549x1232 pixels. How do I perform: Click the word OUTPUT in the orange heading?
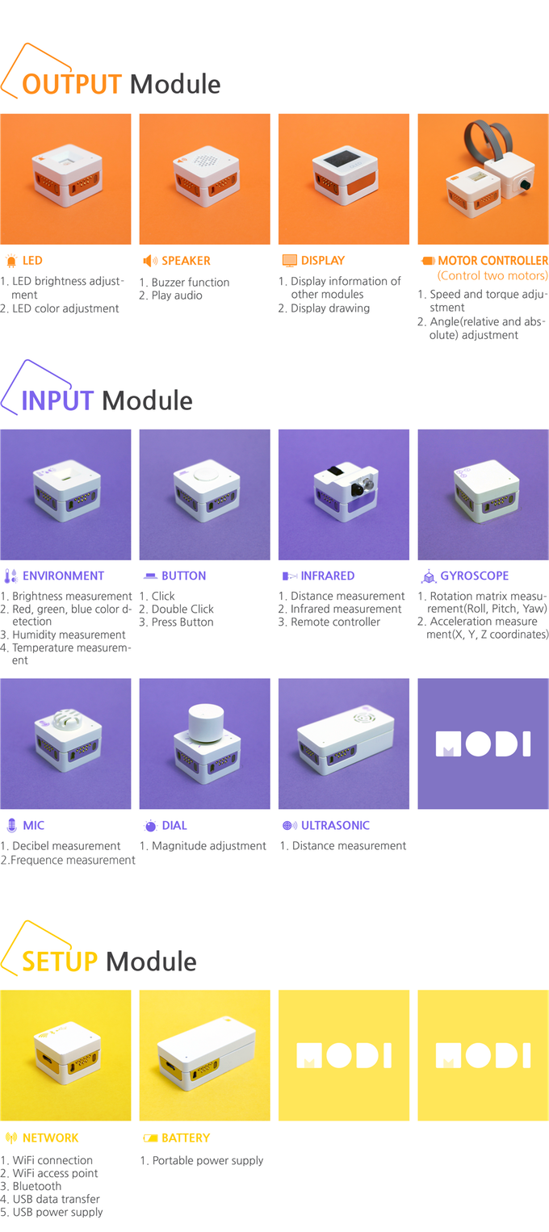point(72,85)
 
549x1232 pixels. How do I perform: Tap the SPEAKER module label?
point(186,261)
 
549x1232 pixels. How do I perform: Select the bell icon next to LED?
point(11,261)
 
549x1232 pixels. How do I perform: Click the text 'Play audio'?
point(177,295)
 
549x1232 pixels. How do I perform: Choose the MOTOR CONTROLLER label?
point(493,261)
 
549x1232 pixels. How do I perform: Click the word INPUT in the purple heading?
point(57,401)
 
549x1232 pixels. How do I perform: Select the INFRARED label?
point(327,576)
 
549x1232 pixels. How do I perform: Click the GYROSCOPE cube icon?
point(429,576)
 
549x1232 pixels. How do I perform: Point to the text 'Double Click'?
point(182,609)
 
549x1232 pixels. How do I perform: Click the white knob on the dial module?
point(206,722)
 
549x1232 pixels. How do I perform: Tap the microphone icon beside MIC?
point(11,826)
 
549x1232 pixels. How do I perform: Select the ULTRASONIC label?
point(335,826)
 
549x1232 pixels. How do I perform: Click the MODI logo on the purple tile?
point(483,744)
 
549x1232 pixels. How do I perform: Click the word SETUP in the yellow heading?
point(60,962)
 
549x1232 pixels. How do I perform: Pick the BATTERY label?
point(186,1138)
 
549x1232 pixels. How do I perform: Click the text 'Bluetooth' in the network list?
point(37,1186)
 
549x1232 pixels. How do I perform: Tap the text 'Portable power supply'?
point(208,1160)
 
